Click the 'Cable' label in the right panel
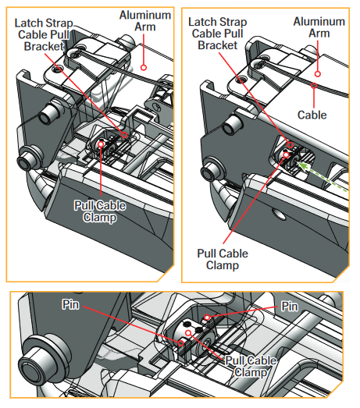(312, 115)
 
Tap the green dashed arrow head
(301, 165)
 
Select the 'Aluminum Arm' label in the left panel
(145, 21)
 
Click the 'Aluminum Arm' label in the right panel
(319, 27)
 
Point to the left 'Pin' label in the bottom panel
(70, 304)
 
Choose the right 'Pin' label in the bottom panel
(290, 307)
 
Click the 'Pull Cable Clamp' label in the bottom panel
(251, 367)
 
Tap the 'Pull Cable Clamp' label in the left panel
(100, 211)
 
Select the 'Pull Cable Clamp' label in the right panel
(223, 260)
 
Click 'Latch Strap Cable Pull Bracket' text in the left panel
(44, 34)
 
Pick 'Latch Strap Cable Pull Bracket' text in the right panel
(218, 34)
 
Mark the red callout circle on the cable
(314, 85)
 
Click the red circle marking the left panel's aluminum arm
(144, 68)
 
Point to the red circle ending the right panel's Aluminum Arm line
(317, 74)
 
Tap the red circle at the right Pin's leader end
(207, 318)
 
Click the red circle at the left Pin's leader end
(181, 343)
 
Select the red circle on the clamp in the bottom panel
(188, 332)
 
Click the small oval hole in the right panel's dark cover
(278, 214)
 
